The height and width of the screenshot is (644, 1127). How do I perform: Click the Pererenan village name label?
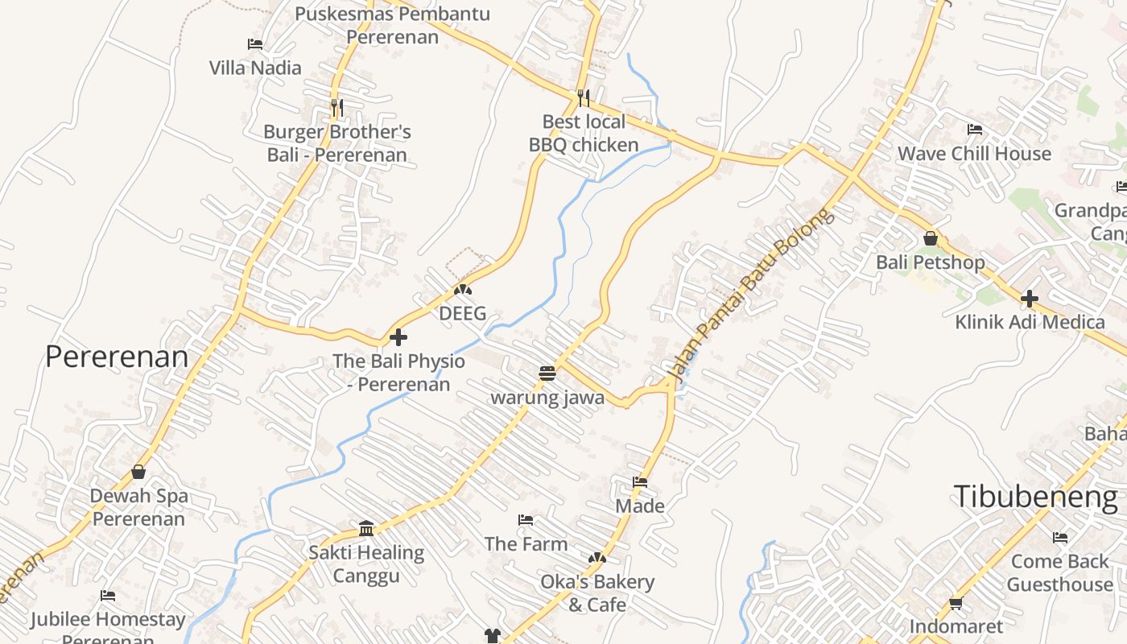(117, 356)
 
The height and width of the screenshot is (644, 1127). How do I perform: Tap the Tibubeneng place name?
(1035, 497)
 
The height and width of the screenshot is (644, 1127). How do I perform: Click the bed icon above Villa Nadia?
(255, 44)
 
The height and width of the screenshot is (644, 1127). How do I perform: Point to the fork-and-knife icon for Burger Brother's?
(337, 107)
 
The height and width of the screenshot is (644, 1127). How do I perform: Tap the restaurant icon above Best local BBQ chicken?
(584, 98)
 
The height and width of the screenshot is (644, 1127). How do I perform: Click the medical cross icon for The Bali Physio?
(398, 337)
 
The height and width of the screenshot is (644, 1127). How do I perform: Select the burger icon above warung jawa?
(547, 374)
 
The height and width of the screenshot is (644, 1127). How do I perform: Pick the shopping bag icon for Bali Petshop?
(931, 239)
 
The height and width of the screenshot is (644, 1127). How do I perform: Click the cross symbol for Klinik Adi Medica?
(1029, 299)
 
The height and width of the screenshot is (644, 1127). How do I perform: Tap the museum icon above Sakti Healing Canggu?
(366, 529)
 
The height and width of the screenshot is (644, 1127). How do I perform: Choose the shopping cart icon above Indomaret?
(956, 603)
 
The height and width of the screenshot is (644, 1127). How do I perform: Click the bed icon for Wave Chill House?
(974, 130)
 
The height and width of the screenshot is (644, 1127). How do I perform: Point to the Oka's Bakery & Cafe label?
(597, 592)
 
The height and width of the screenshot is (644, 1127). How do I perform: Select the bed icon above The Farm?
(526, 520)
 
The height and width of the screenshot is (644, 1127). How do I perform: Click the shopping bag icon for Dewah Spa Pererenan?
(138, 472)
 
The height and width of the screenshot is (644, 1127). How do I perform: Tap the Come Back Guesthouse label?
(1059, 572)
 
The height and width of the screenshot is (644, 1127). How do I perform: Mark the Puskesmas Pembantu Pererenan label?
(393, 25)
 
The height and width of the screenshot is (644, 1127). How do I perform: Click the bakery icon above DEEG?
(463, 290)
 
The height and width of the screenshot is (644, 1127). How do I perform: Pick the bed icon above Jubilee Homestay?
(108, 596)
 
